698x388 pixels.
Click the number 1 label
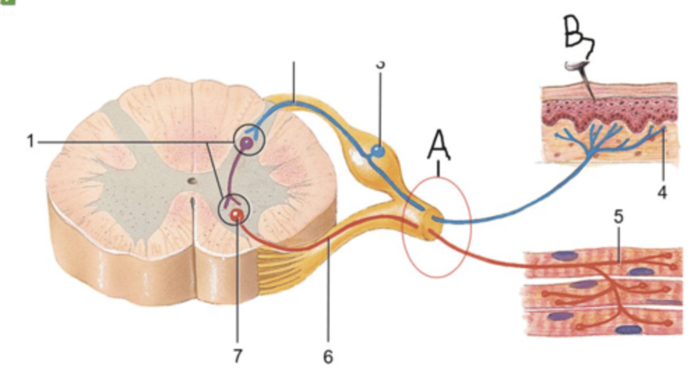[x=31, y=142]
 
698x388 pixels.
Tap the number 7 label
[x=237, y=357]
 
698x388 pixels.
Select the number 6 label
[x=328, y=357]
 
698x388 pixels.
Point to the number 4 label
[x=662, y=193]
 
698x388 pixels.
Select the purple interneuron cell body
[x=247, y=143]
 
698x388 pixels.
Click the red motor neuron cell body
[x=236, y=214]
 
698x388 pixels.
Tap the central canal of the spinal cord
[x=193, y=181]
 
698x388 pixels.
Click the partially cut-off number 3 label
[x=381, y=64]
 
